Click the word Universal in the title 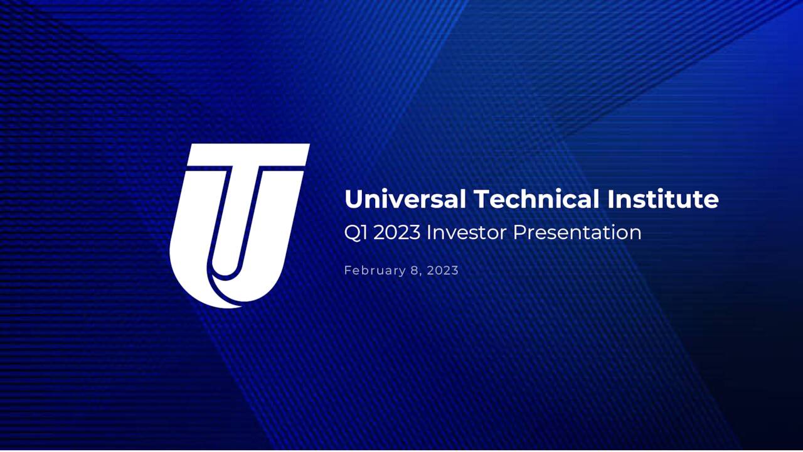pyautogui.click(x=405, y=200)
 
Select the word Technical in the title pyautogui.click(x=536, y=200)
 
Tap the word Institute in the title pyautogui.click(x=662, y=200)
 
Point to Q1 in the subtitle pyautogui.click(x=356, y=233)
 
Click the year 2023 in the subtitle pyautogui.click(x=397, y=233)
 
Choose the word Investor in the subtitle pyautogui.click(x=466, y=233)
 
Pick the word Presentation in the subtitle pyautogui.click(x=577, y=233)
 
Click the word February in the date pyautogui.click(x=375, y=271)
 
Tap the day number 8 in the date pyautogui.click(x=415, y=271)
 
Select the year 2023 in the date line pyautogui.click(x=443, y=271)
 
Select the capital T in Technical pyautogui.click(x=484, y=200)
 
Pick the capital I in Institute pyautogui.click(x=610, y=200)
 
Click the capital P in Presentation pyautogui.click(x=519, y=233)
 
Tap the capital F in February pyautogui.click(x=348, y=271)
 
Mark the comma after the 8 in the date pyautogui.click(x=421, y=274)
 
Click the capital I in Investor pyautogui.click(x=429, y=233)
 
